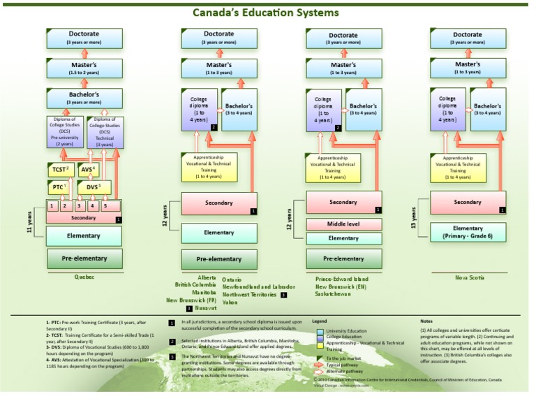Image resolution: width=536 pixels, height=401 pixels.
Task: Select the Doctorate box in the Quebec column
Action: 84,38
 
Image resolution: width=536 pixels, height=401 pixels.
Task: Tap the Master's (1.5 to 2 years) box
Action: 84,68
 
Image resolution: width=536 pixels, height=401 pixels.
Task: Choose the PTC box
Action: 58,187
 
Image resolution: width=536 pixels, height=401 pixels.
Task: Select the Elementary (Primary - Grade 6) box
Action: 468,232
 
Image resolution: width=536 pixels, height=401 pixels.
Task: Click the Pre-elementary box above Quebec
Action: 84,258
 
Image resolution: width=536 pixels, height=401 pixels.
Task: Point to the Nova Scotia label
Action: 469,277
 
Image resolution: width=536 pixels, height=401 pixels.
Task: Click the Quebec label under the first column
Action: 84,277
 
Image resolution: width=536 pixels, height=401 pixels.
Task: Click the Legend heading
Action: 319,321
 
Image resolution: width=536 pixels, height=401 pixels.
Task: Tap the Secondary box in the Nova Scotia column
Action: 468,203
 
